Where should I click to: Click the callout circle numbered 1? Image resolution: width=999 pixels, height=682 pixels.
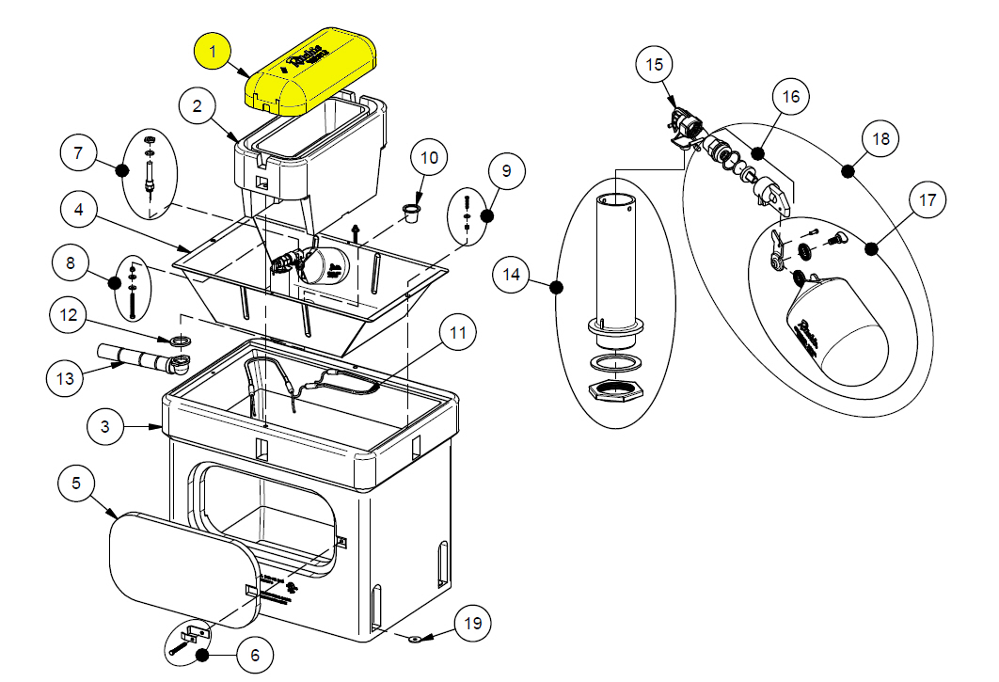point(213,51)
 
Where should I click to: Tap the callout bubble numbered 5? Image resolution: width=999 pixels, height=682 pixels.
point(77,484)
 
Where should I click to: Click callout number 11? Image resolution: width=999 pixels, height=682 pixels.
point(457,333)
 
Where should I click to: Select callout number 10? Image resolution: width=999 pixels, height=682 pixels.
point(429,157)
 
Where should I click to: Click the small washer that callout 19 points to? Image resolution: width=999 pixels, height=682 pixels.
point(413,639)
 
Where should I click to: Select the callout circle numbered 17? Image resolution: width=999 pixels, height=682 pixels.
point(928,199)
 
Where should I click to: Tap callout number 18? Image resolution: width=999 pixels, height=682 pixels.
point(880,138)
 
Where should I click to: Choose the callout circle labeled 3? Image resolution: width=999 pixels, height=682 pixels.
point(105,427)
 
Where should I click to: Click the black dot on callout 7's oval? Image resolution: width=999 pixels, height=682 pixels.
point(121,169)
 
